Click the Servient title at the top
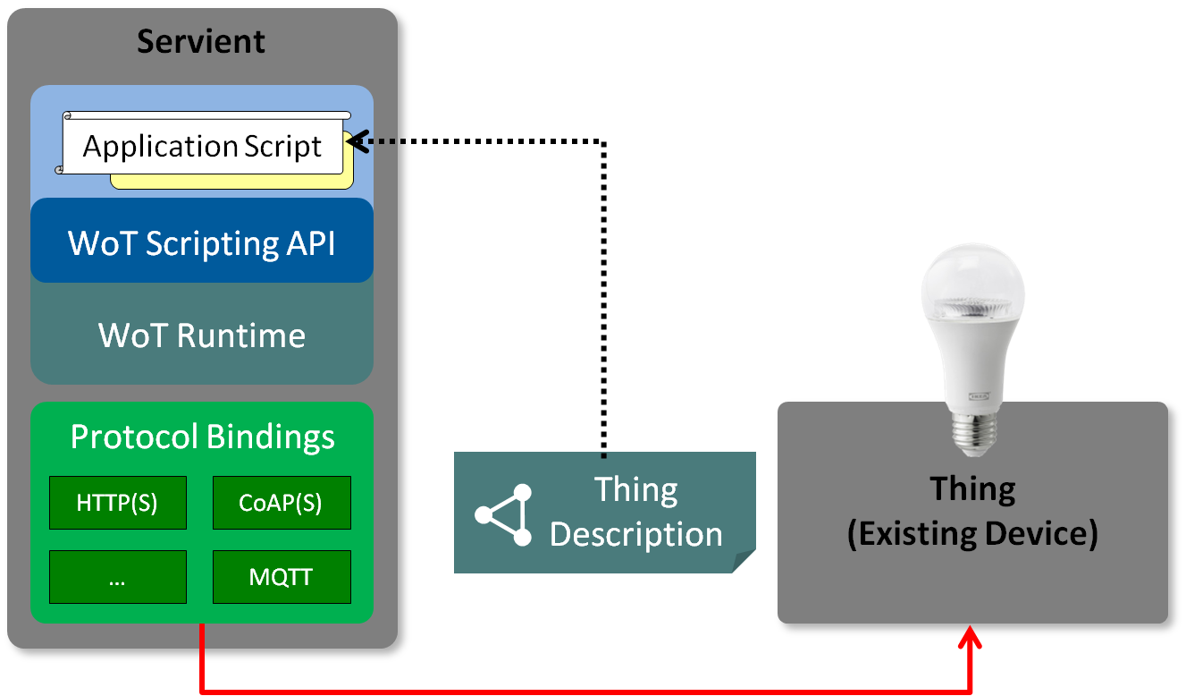coord(201,41)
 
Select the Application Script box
coord(202,146)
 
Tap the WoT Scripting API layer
coord(201,242)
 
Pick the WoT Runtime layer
coord(201,335)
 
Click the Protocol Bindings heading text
coord(202,437)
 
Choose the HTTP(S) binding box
coord(117,503)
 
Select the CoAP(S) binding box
coord(281,503)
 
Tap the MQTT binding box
coord(281,577)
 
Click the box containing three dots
coord(117,577)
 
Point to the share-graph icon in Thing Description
coord(504,515)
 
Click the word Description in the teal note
coord(635,534)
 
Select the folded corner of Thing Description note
coord(744,562)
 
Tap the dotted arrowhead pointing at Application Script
coord(355,141)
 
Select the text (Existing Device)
coord(972,533)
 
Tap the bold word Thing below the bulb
coord(972,489)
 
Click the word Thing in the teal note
coord(635,490)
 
